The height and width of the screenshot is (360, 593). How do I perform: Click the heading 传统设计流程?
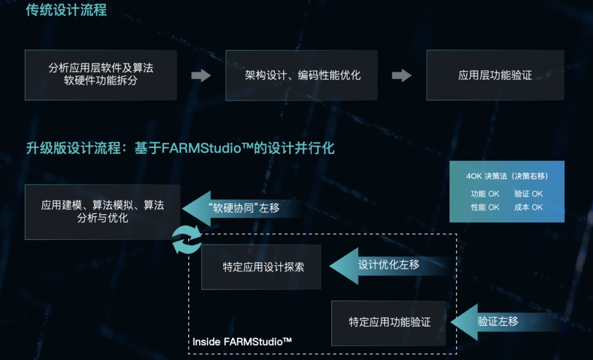coord(66,10)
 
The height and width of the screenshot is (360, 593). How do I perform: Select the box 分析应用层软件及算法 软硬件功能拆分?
coord(101,75)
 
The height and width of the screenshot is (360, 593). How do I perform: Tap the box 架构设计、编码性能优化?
coord(301,76)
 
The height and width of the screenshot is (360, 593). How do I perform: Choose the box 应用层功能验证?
coord(495,75)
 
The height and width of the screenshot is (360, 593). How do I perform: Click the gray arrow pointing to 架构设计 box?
coord(201,76)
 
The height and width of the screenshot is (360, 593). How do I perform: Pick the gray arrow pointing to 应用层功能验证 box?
coord(402,76)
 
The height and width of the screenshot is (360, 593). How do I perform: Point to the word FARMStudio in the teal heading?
coord(201,148)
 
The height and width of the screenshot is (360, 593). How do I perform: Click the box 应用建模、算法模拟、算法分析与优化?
coord(102,212)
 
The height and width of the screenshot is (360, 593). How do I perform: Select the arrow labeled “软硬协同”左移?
coord(242,209)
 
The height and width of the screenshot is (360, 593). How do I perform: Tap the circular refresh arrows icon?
coord(187,239)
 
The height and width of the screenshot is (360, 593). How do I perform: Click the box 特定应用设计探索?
coord(261,267)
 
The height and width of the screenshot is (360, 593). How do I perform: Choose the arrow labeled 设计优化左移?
coord(390,266)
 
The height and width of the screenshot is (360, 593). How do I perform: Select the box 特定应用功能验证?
coord(388,323)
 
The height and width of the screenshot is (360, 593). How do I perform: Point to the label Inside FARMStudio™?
coord(242,342)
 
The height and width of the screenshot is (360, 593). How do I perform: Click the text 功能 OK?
coord(485,194)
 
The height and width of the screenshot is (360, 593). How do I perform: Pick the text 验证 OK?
coord(528,194)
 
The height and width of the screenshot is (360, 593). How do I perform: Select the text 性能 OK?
coord(485,207)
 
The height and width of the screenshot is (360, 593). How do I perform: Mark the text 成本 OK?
coord(528,207)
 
